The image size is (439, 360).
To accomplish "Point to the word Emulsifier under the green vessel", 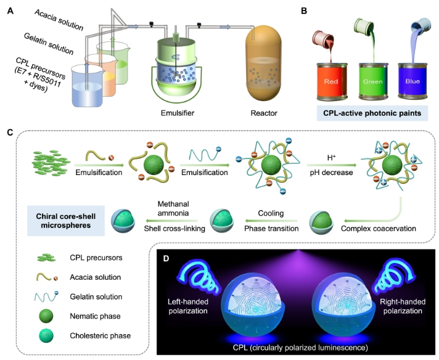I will click(x=179, y=113).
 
